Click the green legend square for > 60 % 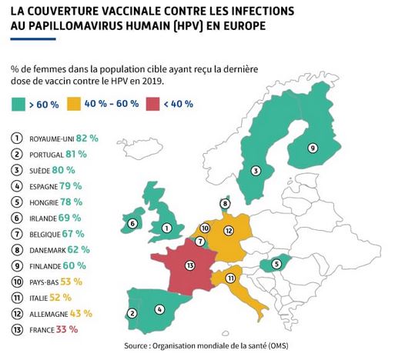(x=18, y=105)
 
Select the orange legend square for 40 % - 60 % (x=74, y=104)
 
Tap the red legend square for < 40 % (x=152, y=104)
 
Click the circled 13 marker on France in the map (x=190, y=265)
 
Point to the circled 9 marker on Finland (x=313, y=148)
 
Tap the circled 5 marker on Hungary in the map (x=276, y=264)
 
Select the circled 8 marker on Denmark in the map (x=225, y=204)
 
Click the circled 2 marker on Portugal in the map (x=132, y=313)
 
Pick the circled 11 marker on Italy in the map (x=231, y=278)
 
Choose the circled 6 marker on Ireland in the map (x=132, y=224)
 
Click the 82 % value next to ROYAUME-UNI (x=87, y=138)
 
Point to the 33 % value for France (x=67, y=329)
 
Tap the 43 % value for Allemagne (x=81, y=314)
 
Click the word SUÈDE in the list (x=39, y=171)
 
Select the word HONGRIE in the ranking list (x=44, y=203)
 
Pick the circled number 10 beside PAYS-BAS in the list (x=17, y=282)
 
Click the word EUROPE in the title (x=245, y=26)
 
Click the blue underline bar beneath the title (x=33, y=39)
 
